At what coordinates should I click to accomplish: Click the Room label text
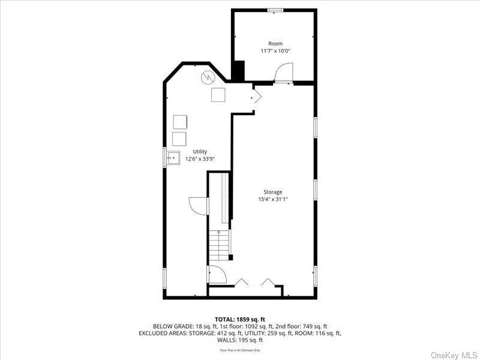(x=275, y=43)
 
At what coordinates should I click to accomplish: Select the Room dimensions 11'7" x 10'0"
(x=275, y=51)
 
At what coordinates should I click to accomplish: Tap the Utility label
(x=200, y=152)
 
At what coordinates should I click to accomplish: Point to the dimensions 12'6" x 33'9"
(x=200, y=159)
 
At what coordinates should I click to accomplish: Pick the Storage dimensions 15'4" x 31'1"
(x=273, y=199)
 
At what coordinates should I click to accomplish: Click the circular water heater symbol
(x=208, y=77)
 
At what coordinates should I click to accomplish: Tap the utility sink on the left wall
(x=174, y=159)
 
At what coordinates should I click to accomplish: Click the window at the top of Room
(x=275, y=10)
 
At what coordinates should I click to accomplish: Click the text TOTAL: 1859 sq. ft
(x=239, y=319)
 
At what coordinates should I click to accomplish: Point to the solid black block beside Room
(x=239, y=72)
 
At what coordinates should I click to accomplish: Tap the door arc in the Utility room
(x=199, y=205)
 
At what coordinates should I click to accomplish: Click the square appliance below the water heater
(x=218, y=94)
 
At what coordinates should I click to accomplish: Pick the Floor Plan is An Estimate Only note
(x=239, y=350)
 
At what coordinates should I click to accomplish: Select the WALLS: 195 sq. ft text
(x=239, y=340)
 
